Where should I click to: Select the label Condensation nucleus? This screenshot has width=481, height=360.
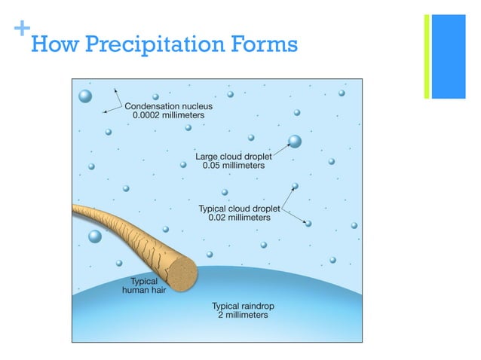click(x=168, y=106)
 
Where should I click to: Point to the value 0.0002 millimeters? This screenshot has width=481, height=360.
click(x=168, y=116)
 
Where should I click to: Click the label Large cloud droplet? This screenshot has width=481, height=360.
click(x=234, y=156)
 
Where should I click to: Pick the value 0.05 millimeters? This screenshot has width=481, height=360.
click(x=234, y=166)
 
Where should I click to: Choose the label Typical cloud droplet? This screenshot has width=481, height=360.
click(x=239, y=208)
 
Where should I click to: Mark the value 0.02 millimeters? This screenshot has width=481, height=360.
click(x=239, y=218)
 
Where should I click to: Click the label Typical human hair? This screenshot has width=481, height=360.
click(x=140, y=285)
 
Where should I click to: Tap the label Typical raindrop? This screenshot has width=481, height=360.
click(x=239, y=306)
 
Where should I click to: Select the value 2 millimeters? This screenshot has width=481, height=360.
click(x=239, y=316)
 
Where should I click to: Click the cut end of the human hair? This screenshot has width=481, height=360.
click(x=182, y=267)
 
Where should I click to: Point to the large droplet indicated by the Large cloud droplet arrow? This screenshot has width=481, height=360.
click(x=295, y=141)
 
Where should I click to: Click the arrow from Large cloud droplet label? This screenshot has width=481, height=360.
click(x=280, y=150)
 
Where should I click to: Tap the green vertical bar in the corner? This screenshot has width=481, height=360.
click(x=427, y=56)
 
